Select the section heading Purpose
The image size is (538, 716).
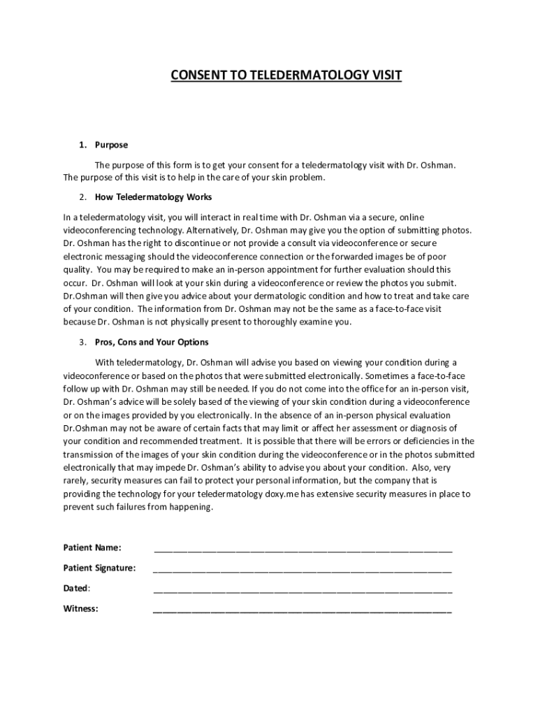(112, 145)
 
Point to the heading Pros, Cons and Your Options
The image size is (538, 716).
(152, 343)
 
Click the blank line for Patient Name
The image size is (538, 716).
(303, 548)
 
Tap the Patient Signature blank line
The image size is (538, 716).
(303, 569)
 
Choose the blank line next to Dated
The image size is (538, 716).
(303, 589)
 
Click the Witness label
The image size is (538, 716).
(80, 608)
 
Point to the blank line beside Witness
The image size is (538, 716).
(303, 610)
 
